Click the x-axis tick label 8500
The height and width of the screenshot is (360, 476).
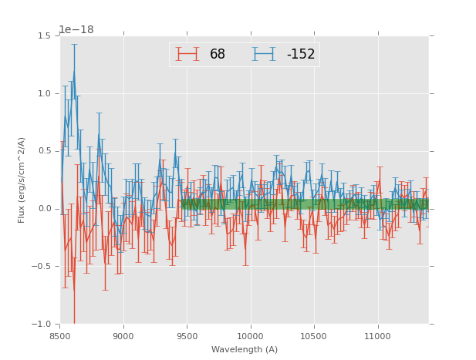point(60,335)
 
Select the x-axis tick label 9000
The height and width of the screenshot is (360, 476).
point(123,335)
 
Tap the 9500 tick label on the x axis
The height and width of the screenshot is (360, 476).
point(187,335)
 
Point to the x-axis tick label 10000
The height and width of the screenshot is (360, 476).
point(251,335)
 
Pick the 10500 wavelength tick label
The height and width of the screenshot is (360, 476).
point(315,335)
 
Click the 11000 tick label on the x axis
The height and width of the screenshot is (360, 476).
point(378,335)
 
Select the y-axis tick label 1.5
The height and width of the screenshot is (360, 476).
point(44,36)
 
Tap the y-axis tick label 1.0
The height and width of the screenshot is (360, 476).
point(44,94)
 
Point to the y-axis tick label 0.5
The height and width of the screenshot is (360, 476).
point(44,151)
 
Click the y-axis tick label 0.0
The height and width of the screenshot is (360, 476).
point(44,209)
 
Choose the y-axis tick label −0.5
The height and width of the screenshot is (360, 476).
point(42,267)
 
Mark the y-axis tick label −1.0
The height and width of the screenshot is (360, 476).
point(42,325)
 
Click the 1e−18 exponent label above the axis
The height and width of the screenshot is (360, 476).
point(76,30)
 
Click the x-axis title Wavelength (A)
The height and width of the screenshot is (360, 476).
point(245,350)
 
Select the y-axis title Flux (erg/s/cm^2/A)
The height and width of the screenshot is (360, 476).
point(22,180)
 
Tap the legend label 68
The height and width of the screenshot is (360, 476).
point(218,55)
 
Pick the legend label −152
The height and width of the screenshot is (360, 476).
point(301,55)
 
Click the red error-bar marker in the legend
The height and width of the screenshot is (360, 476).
point(187,54)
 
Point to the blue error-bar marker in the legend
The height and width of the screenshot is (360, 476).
point(264,54)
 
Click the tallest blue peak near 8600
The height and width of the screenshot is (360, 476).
point(74,72)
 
